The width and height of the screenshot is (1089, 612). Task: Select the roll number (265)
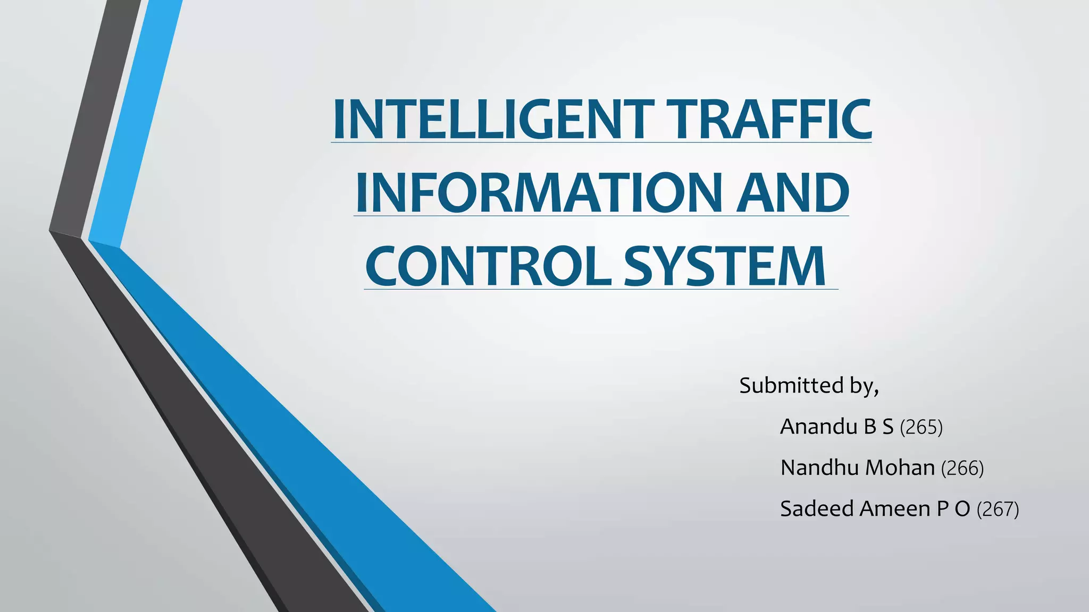(921, 427)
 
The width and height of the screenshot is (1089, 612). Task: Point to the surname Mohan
(900, 467)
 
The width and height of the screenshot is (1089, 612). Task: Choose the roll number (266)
(962, 468)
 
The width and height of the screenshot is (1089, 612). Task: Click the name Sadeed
(817, 508)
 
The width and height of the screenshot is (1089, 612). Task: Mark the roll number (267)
(998, 509)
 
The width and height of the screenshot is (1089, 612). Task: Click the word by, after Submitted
(864, 386)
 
